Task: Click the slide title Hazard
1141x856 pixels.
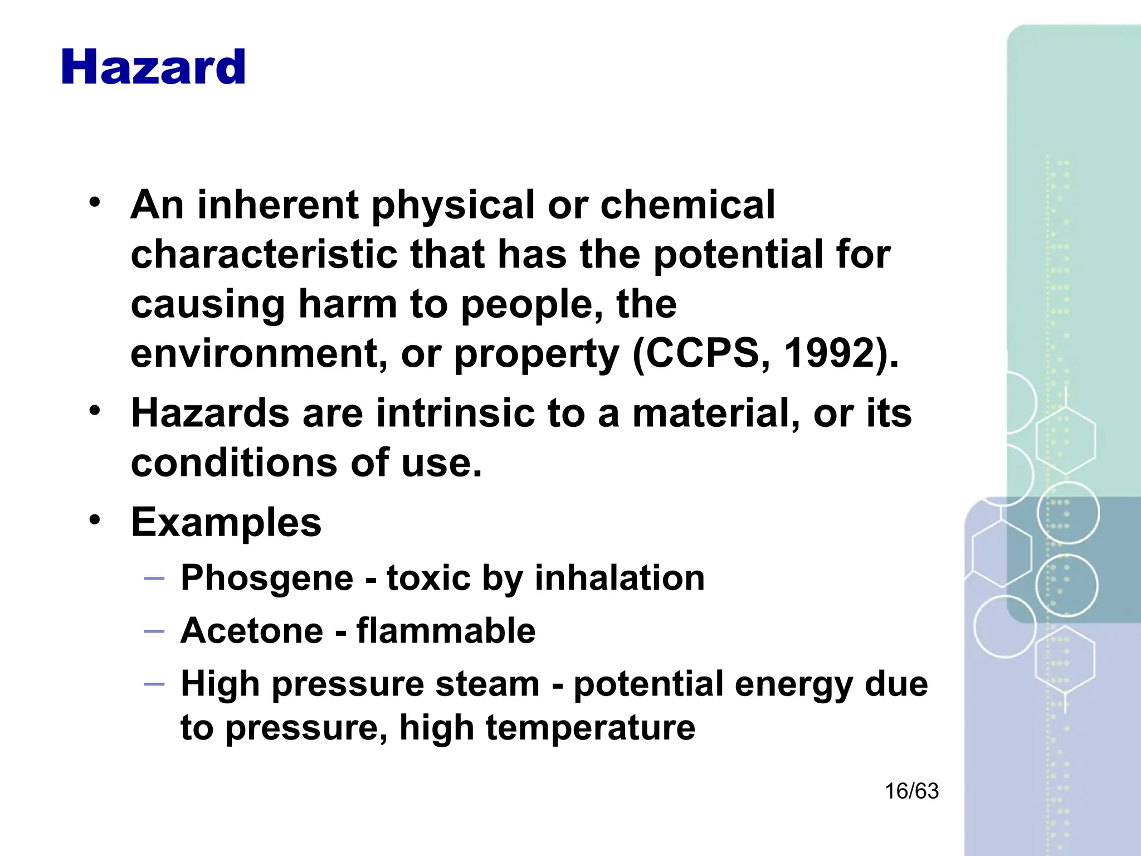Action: pyautogui.click(x=153, y=67)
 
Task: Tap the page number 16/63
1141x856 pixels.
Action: pyautogui.click(x=911, y=791)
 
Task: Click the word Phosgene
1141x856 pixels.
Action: pyautogui.click(x=267, y=578)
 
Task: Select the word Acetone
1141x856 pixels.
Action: pyautogui.click(x=252, y=631)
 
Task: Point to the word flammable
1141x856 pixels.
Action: pyautogui.click(x=446, y=631)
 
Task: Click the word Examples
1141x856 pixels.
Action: pyautogui.click(x=226, y=523)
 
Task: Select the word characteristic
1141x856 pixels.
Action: pyautogui.click(x=264, y=254)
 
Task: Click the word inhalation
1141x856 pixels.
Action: pyautogui.click(x=620, y=578)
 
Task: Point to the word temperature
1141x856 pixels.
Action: pyautogui.click(x=591, y=728)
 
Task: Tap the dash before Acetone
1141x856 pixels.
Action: pyautogui.click(x=154, y=631)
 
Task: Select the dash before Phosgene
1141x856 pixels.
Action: pyautogui.click(x=154, y=578)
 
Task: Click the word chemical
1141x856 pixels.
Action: pyautogui.click(x=687, y=205)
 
